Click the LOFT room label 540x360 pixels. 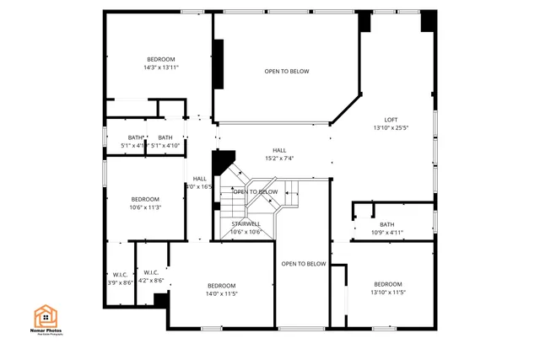pos(391,120)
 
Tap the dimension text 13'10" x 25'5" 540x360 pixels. pos(391,128)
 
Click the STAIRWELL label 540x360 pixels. pos(246,223)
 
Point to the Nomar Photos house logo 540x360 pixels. pos(46,316)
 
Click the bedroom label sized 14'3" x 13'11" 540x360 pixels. pos(160,59)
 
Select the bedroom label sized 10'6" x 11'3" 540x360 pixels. pos(145,199)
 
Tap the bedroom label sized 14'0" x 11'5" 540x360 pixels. pos(221,285)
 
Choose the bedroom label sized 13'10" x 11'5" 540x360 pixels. pos(387,284)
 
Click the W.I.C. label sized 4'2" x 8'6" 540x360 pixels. pos(151,272)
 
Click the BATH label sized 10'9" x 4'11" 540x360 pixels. pos(387,224)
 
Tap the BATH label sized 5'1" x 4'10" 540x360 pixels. pos(165,137)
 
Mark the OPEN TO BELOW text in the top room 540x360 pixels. pos(286,72)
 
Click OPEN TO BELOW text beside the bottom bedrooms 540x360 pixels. pos(303,264)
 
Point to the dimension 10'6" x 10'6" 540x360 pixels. pos(246,232)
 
